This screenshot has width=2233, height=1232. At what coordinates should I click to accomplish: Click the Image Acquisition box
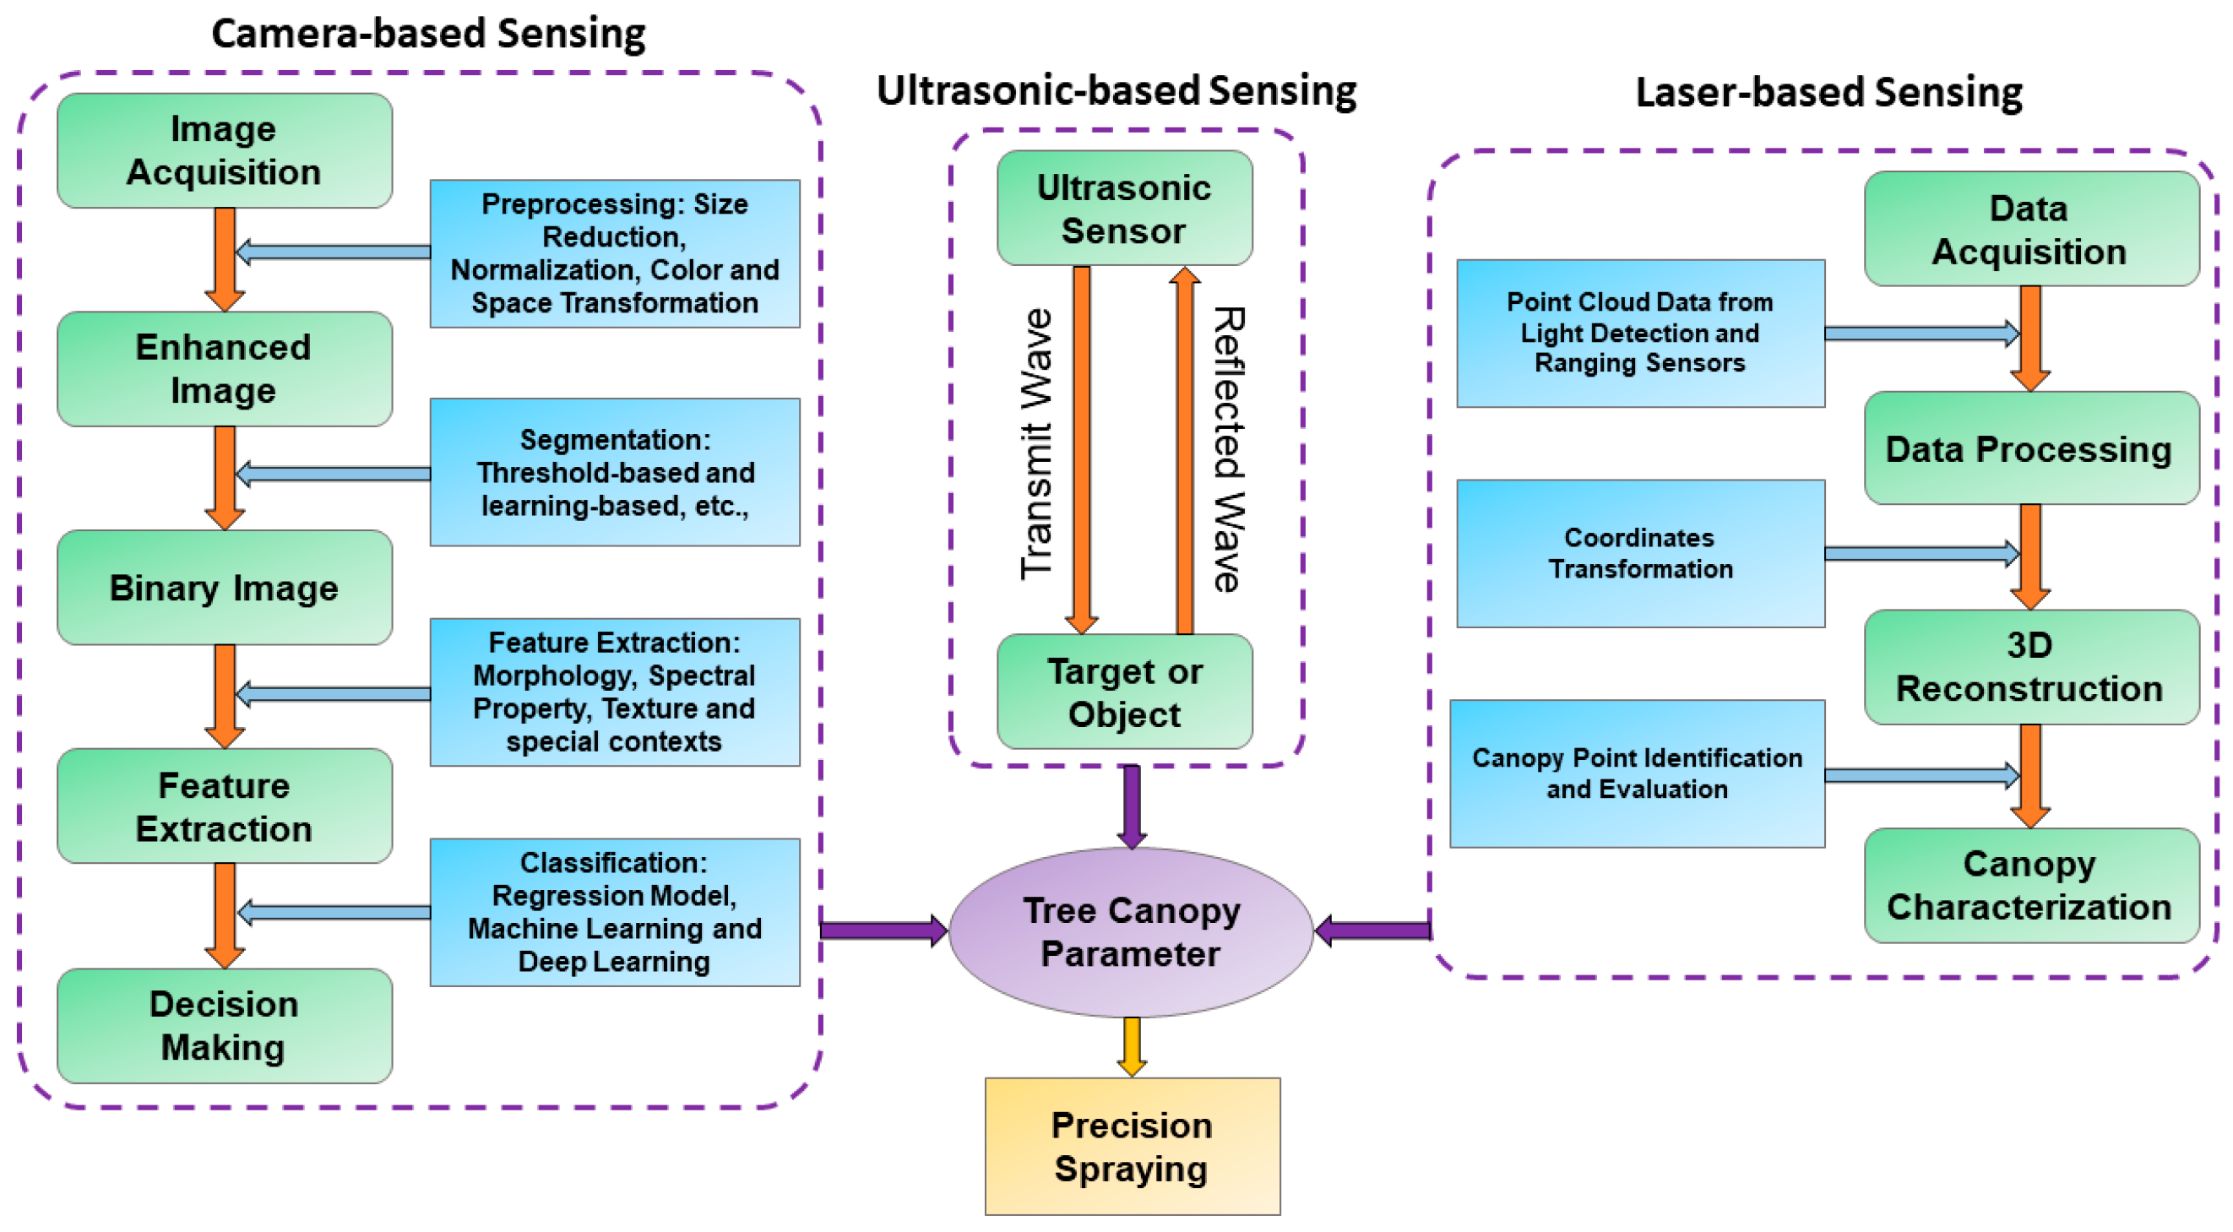pos(224,151)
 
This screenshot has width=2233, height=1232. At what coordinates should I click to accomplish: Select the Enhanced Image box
pos(224,369)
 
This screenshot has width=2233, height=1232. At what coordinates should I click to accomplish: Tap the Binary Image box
pos(224,588)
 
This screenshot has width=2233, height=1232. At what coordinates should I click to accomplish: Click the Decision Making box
pos(224,1026)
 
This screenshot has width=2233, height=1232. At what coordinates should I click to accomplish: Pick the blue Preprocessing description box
pos(615,253)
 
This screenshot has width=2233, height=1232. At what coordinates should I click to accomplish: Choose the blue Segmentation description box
pos(615,473)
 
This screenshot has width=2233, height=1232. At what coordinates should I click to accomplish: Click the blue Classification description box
pos(615,912)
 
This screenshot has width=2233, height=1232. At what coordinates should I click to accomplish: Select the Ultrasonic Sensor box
pos(1124,208)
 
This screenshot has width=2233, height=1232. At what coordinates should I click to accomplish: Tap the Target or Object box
pos(1124,692)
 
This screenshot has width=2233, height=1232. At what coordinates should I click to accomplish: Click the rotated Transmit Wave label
pos(1036,444)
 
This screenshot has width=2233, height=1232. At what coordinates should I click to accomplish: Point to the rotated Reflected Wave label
pos(1228,449)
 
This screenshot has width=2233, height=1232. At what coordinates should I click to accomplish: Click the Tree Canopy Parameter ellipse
pos(1131,932)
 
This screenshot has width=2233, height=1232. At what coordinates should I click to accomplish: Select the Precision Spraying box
pos(1131,1146)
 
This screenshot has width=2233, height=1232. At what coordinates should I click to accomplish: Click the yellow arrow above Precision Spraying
pos(1131,1045)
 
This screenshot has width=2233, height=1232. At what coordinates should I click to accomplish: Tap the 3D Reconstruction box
pos(2030,667)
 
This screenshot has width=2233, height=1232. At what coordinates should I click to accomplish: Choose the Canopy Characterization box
pos(2030,885)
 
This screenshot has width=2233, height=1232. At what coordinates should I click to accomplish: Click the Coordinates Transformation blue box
pos(1640,553)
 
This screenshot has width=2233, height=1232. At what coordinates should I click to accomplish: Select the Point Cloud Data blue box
pos(1640,333)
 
